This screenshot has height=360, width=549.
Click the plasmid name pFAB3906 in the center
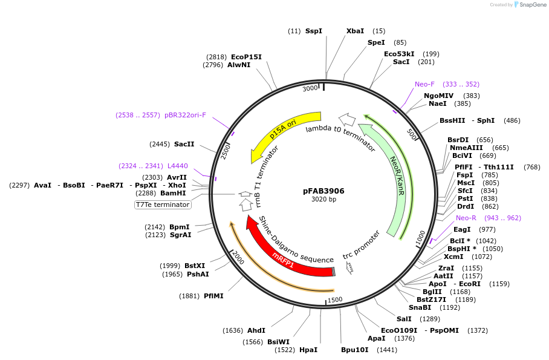click(323, 191)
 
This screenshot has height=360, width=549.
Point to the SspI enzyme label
click(314, 31)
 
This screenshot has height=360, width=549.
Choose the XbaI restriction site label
click(355, 31)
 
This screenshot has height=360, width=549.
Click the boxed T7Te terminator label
click(163, 205)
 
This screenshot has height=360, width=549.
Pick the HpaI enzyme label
click(308, 350)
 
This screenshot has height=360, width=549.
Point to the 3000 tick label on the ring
click(310, 89)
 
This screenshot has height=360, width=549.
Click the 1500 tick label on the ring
click(334, 299)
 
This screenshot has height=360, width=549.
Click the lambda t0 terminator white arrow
click(346, 119)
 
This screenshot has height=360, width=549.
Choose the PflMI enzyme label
click(213, 296)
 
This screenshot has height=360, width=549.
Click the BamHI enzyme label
click(173, 194)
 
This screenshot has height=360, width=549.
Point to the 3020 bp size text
click(323, 200)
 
